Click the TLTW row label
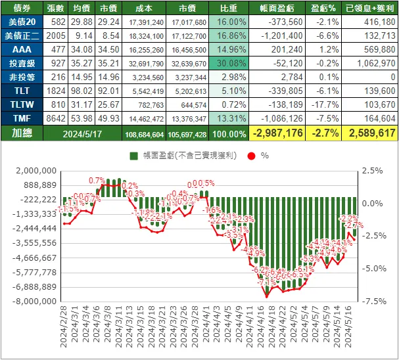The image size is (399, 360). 22,104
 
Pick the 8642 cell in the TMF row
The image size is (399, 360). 56,118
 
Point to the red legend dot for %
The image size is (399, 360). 252,156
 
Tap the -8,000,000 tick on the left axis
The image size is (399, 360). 38,301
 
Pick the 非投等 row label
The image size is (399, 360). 22,77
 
